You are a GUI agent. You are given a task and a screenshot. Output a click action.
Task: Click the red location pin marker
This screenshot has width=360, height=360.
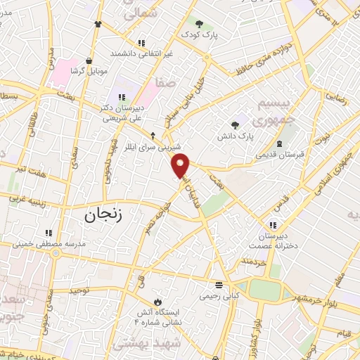181,165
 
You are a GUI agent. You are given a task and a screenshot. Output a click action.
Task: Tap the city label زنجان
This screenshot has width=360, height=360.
103,214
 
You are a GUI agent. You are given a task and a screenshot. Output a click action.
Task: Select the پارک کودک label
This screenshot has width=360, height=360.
199,34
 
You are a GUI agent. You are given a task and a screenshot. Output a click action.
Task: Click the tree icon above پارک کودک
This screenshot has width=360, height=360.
199,23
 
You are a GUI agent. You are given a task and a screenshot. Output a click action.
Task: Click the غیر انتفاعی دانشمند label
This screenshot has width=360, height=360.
141,53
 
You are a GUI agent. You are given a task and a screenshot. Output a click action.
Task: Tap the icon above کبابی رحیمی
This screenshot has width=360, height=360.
219,285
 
